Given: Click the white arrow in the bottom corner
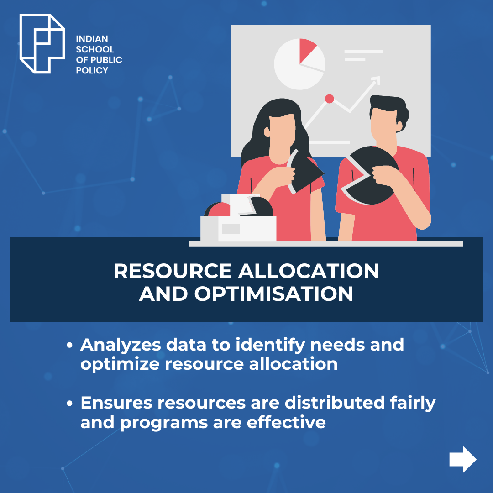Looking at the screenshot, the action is tap(463, 459).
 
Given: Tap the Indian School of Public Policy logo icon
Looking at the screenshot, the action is tap(42, 44).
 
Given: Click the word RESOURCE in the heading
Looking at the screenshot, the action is tap(173, 271).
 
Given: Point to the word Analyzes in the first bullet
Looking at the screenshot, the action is tap(121, 345).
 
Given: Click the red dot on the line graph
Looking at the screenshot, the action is tap(329, 99).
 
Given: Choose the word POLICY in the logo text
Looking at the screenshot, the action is tap(92, 70).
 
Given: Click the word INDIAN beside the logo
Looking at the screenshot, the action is tap(92, 39).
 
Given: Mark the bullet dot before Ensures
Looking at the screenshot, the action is tap(69, 404).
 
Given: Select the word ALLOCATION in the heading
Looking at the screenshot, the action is tap(309, 271).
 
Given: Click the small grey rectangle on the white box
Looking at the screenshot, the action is tap(231, 229).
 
